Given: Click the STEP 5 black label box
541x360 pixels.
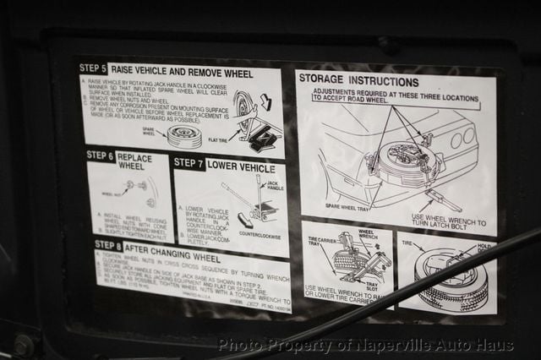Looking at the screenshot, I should (92, 68).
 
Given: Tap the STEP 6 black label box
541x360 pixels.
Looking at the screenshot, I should (100, 155).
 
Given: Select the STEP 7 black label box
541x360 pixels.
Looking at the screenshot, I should (188, 162).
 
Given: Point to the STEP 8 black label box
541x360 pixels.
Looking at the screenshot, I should (108, 245).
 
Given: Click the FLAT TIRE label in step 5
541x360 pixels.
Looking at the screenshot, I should (217, 141).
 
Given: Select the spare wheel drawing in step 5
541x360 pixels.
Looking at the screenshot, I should (183, 135).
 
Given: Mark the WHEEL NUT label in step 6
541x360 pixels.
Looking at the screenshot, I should (112, 194).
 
